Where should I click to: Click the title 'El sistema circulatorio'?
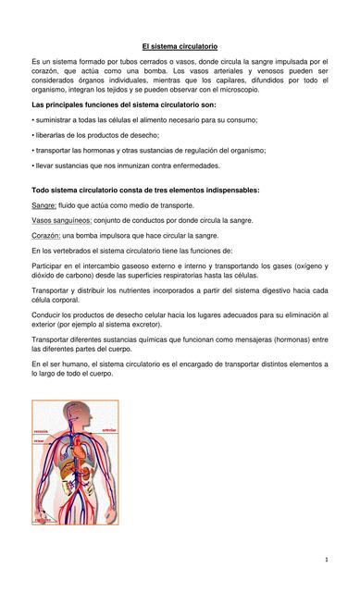tap(180, 45)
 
